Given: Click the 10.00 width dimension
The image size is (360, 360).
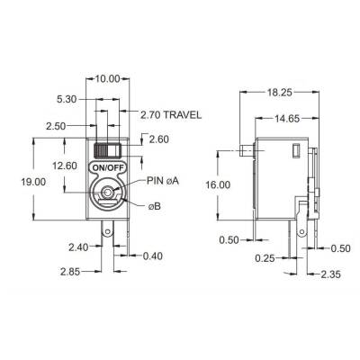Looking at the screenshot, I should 108,78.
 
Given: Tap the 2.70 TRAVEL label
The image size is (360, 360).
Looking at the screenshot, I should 171,115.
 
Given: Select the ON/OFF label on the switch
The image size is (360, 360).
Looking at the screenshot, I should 108,168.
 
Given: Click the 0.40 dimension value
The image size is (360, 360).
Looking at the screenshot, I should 154,258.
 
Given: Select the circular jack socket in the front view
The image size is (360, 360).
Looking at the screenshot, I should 109,192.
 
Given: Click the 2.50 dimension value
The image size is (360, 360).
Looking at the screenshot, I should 56,127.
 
